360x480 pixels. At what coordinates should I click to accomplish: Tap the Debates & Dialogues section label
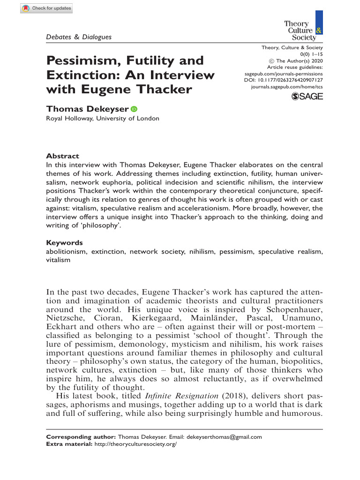pyautogui.click(x=79, y=37)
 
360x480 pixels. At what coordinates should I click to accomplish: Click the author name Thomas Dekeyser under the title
pyautogui.click(x=87, y=109)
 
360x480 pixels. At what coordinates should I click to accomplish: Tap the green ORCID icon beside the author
pyautogui.click(x=134, y=109)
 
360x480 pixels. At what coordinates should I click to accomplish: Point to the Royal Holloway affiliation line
pyautogui.click(x=102, y=119)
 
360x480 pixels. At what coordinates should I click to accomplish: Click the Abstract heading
pyautogui.click(x=62, y=156)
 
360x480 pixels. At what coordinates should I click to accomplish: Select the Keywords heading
pyautogui.click(x=64, y=243)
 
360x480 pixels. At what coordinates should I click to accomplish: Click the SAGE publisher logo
pyautogui.click(x=307, y=97)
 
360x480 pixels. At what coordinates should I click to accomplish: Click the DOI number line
pyautogui.click(x=285, y=80)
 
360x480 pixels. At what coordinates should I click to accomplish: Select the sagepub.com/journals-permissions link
pyautogui.click(x=284, y=74)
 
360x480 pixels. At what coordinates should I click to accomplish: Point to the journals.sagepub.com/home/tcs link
pyautogui.click(x=287, y=87)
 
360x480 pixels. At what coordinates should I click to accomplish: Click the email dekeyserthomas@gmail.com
pyautogui.click(x=225, y=437)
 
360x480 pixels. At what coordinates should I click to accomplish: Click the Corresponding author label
pyautogui.click(x=80, y=437)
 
